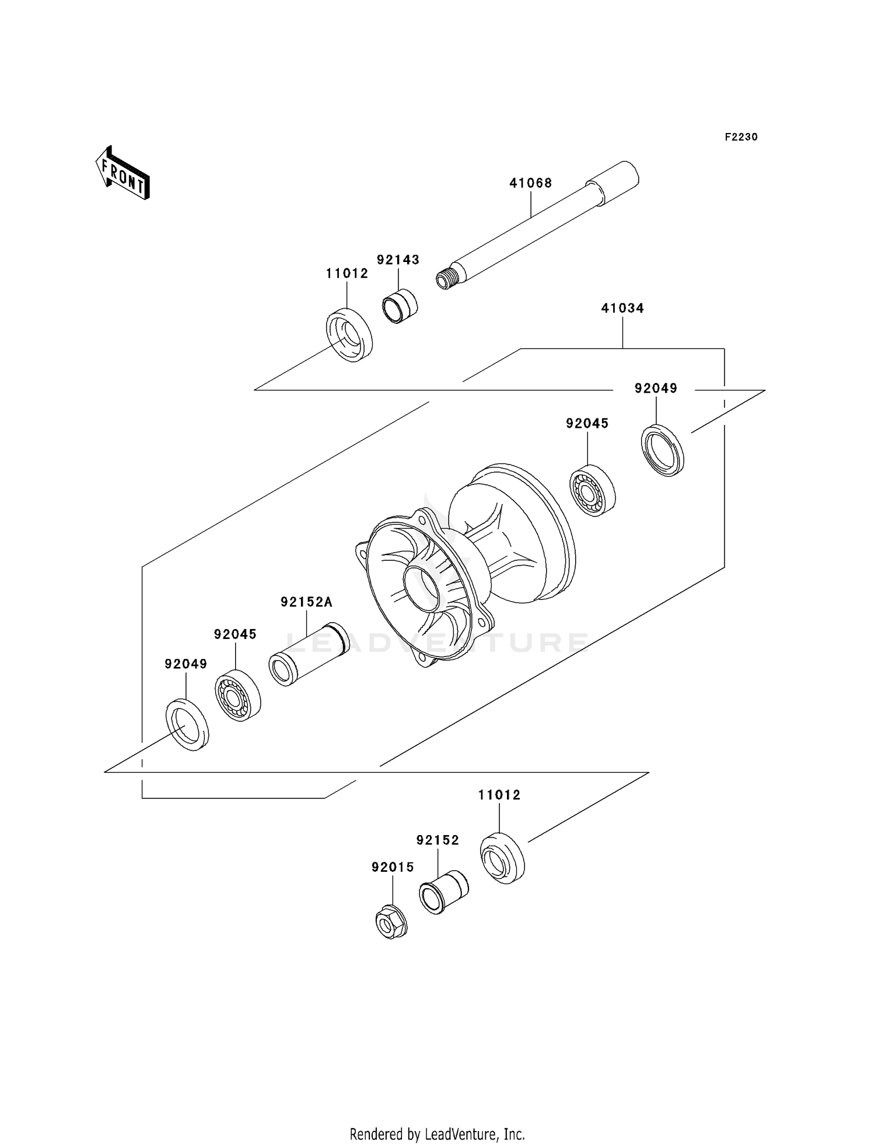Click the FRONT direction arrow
(x=123, y=174)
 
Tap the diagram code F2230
(x=741, y=137)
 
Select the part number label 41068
(x=530, y=183)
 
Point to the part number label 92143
(x=398, y=260)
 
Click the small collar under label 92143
(x=400, y=306)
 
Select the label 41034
(x=622, y=308)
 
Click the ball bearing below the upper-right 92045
(x=592, y=490)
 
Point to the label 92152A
(x=306, y=602)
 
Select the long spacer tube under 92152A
(x=309, y=654)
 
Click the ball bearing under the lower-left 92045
(x=237, y=695)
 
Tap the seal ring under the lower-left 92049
(x=187, y=724)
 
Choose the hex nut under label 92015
(x=391, y=921)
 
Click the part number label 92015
(x=393, y=867)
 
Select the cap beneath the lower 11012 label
(x=502, y=858)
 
